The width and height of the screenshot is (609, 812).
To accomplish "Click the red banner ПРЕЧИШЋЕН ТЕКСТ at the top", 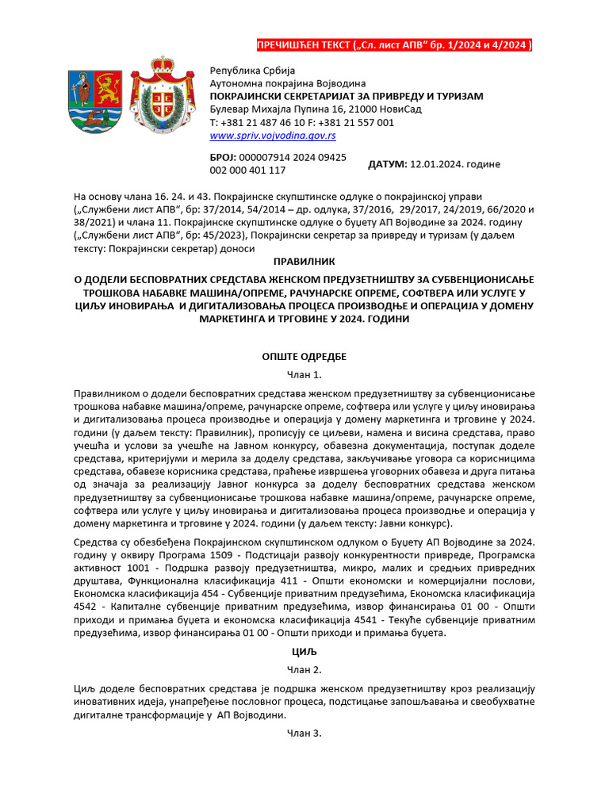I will coord(394,45).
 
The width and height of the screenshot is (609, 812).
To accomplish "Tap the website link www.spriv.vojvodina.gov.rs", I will coord(262,136).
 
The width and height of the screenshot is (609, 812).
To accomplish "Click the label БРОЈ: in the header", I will coord(223,158).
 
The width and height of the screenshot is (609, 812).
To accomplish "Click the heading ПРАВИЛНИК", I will coord(304,260).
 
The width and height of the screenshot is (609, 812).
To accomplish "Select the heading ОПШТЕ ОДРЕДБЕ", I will coord(304,357).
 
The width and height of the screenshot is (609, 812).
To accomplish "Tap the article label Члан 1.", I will coord(304,375).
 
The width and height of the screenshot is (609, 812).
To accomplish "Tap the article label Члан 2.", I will coord(304,670).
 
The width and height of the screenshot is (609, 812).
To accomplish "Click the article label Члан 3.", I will coord(304,733).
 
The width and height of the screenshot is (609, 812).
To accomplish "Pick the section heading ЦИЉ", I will coord(304,652).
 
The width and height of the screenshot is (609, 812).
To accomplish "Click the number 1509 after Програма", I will coord(206,553).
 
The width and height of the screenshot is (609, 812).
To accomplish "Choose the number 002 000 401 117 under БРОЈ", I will coord(247,170).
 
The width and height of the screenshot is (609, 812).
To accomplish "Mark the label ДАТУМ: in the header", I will coord(388,164).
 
